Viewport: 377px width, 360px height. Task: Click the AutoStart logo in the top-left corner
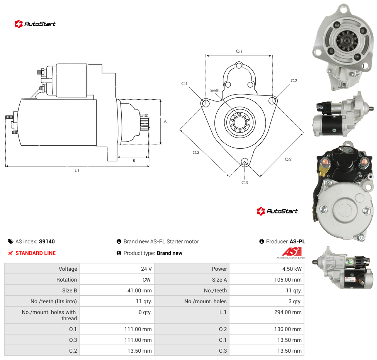tap(35, 24)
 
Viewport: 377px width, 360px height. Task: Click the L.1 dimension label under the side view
tap(77, 170)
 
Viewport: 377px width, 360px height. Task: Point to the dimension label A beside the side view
tap(165, 122)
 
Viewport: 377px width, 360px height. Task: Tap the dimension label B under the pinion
tap(134, 161)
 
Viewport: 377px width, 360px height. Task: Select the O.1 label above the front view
tap(239, 51)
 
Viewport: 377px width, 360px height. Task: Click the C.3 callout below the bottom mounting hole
tap(245, 183)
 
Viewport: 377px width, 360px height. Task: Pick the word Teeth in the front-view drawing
tap(214, 90)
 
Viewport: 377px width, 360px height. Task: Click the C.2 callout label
tap(294, 81)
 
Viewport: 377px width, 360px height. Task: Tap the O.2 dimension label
tap(288, 160)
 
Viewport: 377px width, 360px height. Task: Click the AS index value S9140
tap(47, 241)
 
